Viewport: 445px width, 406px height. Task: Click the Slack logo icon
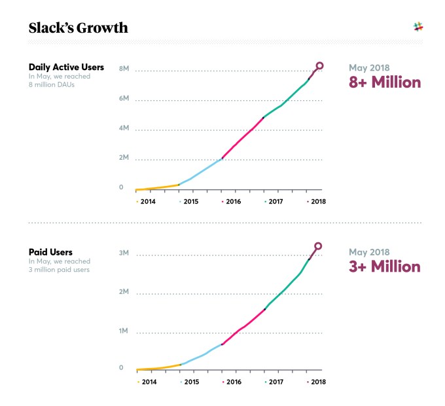419,27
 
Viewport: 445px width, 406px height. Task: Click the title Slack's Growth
79,28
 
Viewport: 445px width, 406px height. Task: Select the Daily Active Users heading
66,67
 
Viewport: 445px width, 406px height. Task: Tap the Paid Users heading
50,251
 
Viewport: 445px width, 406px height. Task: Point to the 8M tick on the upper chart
124,69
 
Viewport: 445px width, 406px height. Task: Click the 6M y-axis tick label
124,99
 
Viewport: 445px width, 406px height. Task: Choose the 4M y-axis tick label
124,128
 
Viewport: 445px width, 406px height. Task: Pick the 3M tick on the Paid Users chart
124,253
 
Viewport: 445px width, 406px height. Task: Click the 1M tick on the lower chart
124,331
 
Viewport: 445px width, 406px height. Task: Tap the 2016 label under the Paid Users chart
232,381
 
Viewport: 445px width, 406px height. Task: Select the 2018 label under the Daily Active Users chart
317,202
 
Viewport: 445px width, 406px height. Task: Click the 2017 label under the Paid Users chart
275,381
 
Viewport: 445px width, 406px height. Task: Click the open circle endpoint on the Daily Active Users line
319,65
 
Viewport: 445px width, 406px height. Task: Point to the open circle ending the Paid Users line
318,247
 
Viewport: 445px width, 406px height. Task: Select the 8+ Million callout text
384,83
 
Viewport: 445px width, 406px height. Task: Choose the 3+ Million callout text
384,267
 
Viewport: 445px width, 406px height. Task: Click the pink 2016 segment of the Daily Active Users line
242,138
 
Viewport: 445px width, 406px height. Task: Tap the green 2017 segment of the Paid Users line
286,289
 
